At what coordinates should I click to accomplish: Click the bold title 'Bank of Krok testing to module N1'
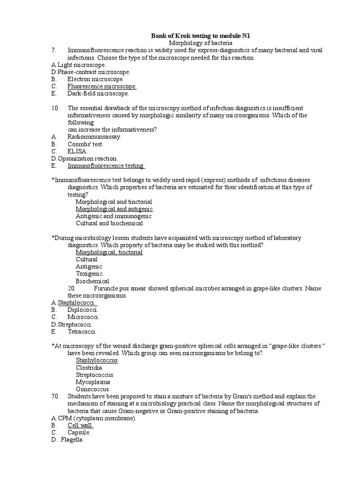pos(203,36)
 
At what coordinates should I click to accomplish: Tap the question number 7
pos(54,50)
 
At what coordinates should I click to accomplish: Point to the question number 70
pos(56,396)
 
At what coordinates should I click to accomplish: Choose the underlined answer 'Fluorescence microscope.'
pos(102,86)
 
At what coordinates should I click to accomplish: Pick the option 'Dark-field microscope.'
pos(98,93)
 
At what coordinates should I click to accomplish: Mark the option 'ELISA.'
pos(77,151)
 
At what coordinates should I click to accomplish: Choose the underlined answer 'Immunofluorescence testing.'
pos(106,165)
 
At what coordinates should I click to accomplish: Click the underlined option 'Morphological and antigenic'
pos(114,209)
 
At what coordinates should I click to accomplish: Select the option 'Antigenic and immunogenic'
pos(113,216)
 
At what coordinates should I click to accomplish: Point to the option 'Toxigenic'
pos(89,274)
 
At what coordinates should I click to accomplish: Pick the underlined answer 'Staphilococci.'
pos(77,302)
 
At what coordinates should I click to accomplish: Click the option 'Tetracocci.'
pos(82,331)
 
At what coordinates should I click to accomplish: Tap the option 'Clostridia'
pos(89,367)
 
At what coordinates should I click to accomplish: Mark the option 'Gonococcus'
pos(92,389)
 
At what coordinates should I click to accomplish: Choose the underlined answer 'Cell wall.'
pos(81,425)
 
